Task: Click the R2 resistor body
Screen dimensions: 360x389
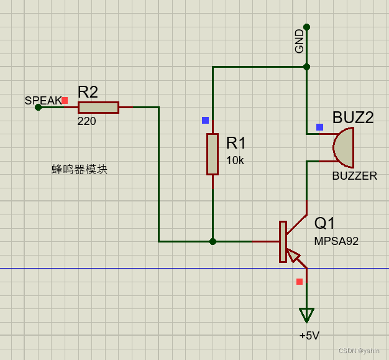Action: coord(98,108)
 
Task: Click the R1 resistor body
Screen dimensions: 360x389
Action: coord(213,154)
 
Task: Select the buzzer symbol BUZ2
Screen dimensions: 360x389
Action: coord(344,148)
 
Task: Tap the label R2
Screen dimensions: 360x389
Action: coord(88,92)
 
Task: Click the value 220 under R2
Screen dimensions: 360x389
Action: coord(86,121)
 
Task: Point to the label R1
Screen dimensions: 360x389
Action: coord(236,143)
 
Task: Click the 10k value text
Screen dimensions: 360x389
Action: coord(235,160)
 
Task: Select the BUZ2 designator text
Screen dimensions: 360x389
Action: coord(353,118)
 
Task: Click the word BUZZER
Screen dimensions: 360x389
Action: coord(354,176)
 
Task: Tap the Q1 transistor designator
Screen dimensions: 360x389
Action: coord(324,223)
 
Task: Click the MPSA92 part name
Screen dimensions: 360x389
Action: coord(336,241)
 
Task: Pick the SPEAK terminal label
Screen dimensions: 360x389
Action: coord(43,100)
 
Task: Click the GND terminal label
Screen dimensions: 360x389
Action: coord(300,41)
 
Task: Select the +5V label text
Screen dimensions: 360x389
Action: coord(309,336)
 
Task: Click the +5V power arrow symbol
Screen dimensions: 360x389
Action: coord(306,315)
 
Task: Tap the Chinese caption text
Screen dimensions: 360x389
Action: coord(80,169)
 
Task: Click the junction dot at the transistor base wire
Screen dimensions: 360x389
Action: coord(213,241)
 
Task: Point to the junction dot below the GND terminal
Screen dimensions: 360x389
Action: coord(306,67)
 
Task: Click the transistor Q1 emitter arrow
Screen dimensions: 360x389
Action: coord(293,256)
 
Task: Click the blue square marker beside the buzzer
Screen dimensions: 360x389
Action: coord(319,127)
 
